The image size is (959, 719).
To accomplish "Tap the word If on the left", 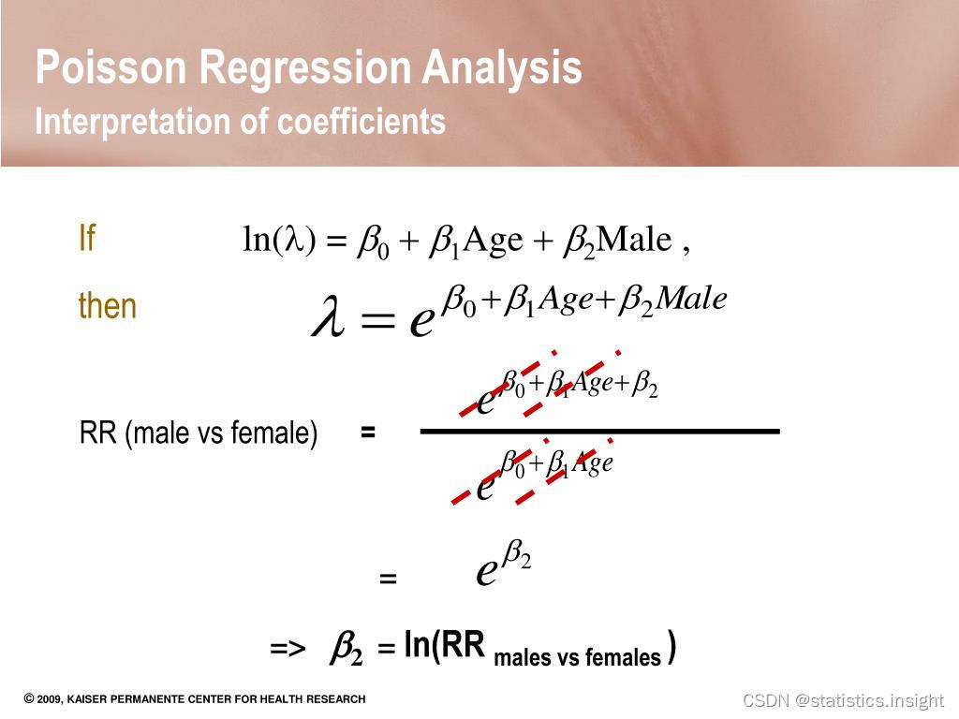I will point(87,239).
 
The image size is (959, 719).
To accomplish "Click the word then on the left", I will point(108,306).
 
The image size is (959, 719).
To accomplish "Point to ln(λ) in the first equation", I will point(278,241).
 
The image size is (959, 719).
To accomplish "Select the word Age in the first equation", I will point(493,241).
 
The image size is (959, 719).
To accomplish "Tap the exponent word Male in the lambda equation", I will point(691,299).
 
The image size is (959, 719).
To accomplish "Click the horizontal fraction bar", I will point(599,431).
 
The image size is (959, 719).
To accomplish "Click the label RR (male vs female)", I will point(199,433).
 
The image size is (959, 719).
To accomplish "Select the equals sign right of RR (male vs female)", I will point(368,433).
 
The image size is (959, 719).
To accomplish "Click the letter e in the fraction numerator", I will point(486,401).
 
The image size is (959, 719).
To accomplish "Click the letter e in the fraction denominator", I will point(486,485).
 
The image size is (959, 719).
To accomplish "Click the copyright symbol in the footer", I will point(29,698).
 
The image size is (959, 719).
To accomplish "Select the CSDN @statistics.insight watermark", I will point(843,700).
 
